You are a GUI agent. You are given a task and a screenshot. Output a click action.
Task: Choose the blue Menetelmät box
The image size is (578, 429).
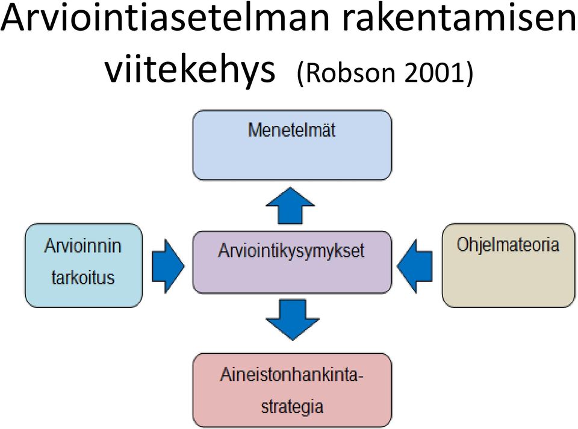tap(293, 145)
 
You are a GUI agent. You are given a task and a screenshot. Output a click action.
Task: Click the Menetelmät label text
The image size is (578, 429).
tap(292, 131)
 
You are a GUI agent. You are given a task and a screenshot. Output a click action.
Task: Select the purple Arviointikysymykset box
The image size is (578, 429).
tap(293, 262)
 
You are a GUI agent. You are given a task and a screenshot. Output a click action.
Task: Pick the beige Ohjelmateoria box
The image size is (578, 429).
tap(508, 265)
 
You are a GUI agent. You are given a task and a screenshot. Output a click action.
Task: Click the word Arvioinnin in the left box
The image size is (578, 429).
tap(83, 246)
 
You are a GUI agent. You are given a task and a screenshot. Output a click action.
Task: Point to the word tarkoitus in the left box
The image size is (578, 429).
tap(83, 277)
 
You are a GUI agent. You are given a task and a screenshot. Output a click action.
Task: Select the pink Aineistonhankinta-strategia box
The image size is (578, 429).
tap(293, 390)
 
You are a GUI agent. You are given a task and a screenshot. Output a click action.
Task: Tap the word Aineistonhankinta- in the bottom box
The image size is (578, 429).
tap(292, 375)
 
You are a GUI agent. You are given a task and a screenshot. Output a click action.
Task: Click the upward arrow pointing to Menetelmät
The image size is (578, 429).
tap(290, 206)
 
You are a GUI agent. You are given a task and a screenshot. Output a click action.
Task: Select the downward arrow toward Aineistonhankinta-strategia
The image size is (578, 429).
tap(293, 319)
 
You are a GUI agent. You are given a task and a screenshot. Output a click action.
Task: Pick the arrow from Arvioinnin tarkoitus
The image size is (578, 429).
tap(168, 266)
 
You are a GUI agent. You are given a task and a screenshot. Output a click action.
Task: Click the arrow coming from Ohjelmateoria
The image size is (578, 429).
tap(415, 266)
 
